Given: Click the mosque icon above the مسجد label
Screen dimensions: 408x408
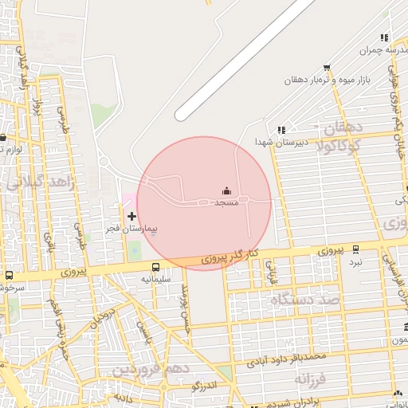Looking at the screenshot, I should click(x=226, y=190).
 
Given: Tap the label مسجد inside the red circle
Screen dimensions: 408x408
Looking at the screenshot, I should click(x=226, y=203).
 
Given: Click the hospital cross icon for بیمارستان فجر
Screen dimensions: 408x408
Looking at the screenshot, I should click(x=131, y=216).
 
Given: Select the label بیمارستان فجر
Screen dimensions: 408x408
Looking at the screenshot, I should click(x=132, y=229).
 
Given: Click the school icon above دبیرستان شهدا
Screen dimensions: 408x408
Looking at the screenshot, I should click(x=280, y=130).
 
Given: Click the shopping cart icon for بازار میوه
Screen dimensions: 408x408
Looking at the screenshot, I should click(x=326, y=68).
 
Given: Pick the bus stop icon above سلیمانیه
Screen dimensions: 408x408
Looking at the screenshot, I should click(x=155, y=267).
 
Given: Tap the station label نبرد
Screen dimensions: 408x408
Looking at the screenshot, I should click(x=355, y=261).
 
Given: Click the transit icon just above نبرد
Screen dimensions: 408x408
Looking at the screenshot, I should click(x=355, y=249).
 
